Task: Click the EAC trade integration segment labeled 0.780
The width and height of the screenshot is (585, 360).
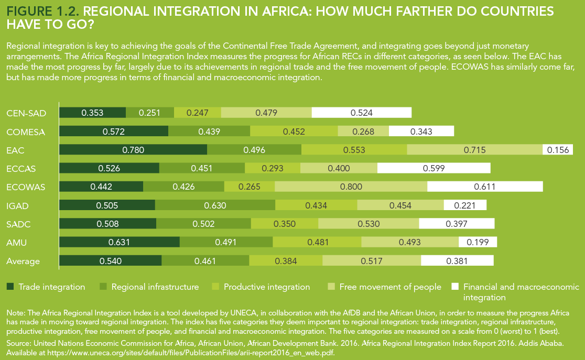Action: pos(133,150)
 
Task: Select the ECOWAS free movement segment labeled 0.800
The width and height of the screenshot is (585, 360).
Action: pos(351,187)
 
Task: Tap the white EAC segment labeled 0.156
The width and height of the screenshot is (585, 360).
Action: pos(558,150)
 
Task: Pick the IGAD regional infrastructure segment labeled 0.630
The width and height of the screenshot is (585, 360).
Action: pos(215,205)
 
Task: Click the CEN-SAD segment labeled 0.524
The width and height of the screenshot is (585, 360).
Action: pos(362,113)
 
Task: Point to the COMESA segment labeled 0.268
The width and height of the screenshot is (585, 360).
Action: pos(363,132)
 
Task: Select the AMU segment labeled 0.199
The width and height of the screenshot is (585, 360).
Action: pos(478,242)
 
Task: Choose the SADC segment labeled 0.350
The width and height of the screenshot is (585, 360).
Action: pos(285,224)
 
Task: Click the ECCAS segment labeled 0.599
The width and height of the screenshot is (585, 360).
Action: pos(434,168)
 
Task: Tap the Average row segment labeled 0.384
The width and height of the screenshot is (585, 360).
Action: pos(286,260)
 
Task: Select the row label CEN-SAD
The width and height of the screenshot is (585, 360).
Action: pos(26,113)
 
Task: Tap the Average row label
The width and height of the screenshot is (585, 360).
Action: pos(23,261)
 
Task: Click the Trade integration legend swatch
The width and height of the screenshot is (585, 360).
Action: pos(10,287)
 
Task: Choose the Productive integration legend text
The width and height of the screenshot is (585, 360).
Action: pos(267,287)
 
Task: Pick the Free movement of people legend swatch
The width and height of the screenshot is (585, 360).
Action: pos(331,287)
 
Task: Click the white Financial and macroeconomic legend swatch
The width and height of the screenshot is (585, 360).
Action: pos(455,287)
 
